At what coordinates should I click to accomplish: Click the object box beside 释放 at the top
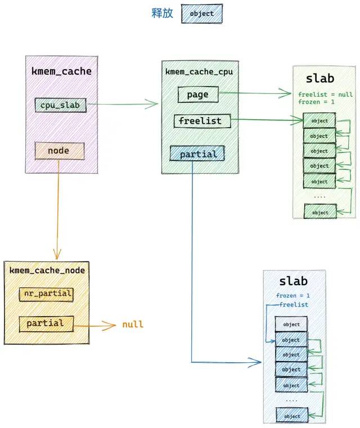[202, 13]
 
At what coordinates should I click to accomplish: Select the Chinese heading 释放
[162, 13]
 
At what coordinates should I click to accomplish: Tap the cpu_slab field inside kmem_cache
[60, 105]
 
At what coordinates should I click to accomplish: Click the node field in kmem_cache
[59, 151]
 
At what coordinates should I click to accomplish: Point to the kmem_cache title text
[61, 71]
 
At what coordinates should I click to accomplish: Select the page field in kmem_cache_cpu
[198, 94]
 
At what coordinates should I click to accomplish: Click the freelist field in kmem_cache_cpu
[202, 121]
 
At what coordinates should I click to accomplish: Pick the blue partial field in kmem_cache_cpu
[197, 154]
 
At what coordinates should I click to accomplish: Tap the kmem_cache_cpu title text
[199, 72]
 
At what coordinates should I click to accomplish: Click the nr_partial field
[46, 294]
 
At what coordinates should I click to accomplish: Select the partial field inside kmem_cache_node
[46, 324]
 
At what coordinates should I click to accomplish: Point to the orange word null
[133, 325]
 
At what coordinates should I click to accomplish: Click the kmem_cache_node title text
[47, 270]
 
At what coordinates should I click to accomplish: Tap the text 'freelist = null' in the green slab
[325, 94]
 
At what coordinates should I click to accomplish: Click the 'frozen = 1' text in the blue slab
[293, 296]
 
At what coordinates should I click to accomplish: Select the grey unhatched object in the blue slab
[291, 325]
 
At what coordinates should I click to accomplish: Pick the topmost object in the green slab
[319, 121]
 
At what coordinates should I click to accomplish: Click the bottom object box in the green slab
[320, 212]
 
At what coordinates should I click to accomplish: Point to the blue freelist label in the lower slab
[294, 305]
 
